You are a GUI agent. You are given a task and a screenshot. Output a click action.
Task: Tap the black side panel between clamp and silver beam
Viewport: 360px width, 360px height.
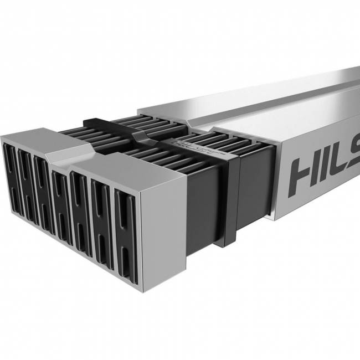(255, 183)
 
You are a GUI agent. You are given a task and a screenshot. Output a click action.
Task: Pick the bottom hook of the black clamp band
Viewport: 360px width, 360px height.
(228, 243)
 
